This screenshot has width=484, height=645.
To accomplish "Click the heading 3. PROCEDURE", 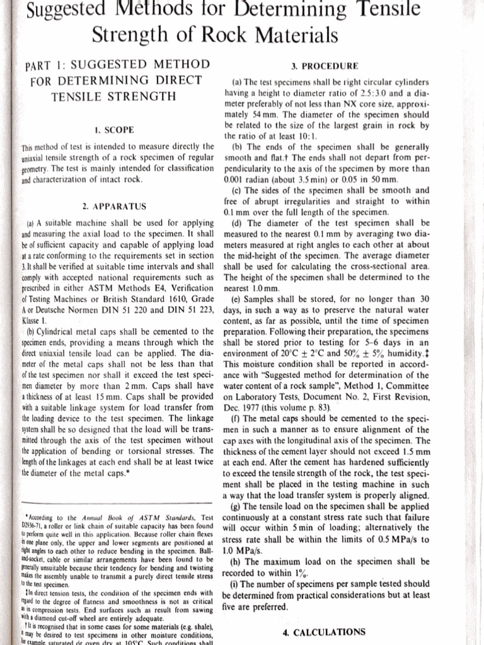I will (x=325, y=66).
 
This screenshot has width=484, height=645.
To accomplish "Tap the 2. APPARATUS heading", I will (x=113, y=205).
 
